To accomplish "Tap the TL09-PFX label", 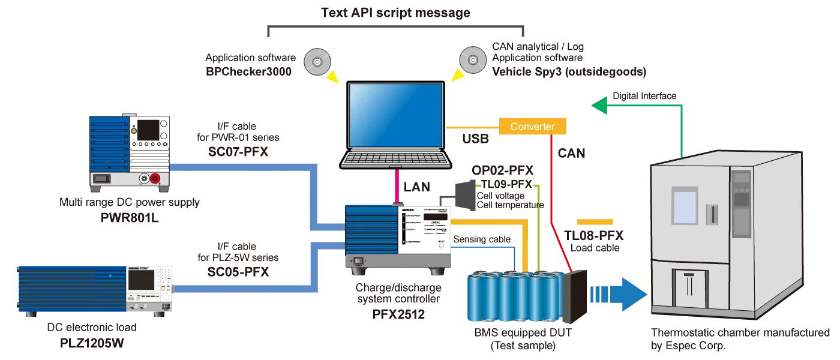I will (x=506, y=184).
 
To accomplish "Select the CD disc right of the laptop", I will (x=472, y=61).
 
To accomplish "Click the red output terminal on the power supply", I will (x=155, y=178).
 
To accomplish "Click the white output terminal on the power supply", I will (x=144, y=178).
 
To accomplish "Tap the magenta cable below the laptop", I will (x=397, y=186).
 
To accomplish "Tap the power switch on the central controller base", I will (x=359, y=261).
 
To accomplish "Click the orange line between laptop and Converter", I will (x=474, y=127).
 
